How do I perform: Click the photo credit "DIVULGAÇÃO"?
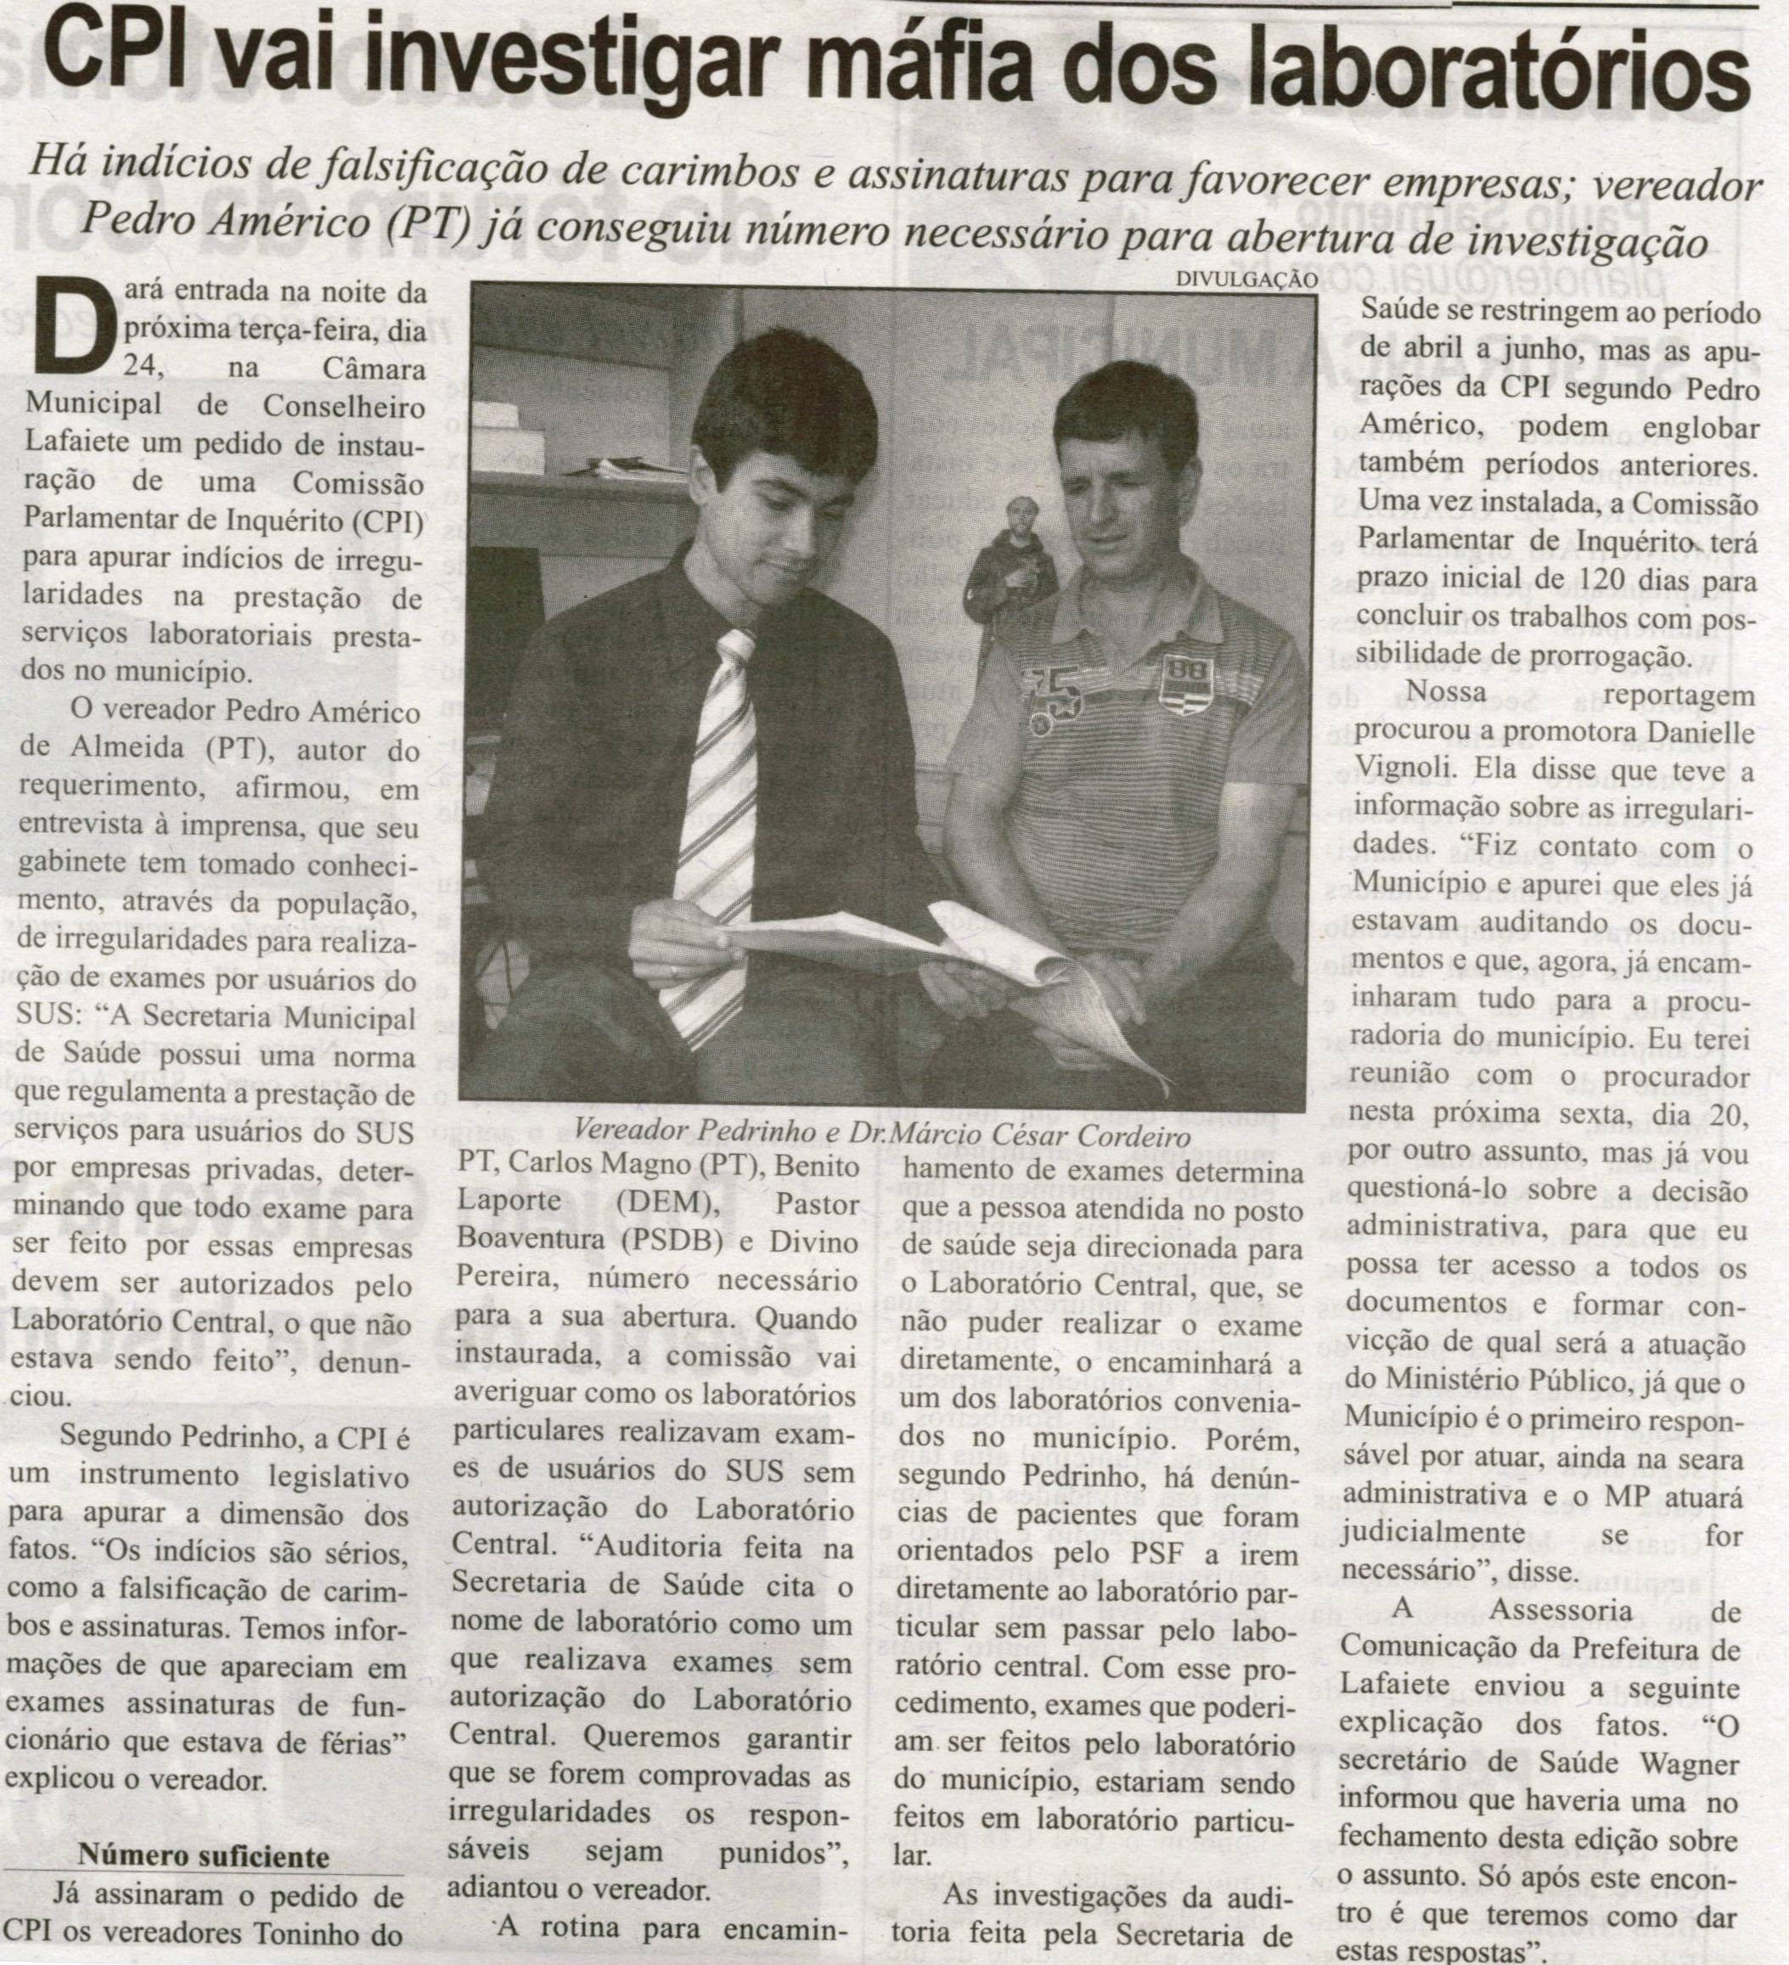(x=1247, y=279)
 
